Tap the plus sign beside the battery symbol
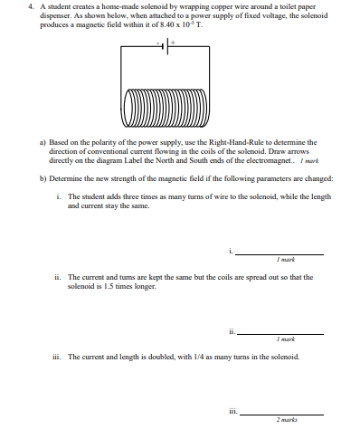pos(170,41)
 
